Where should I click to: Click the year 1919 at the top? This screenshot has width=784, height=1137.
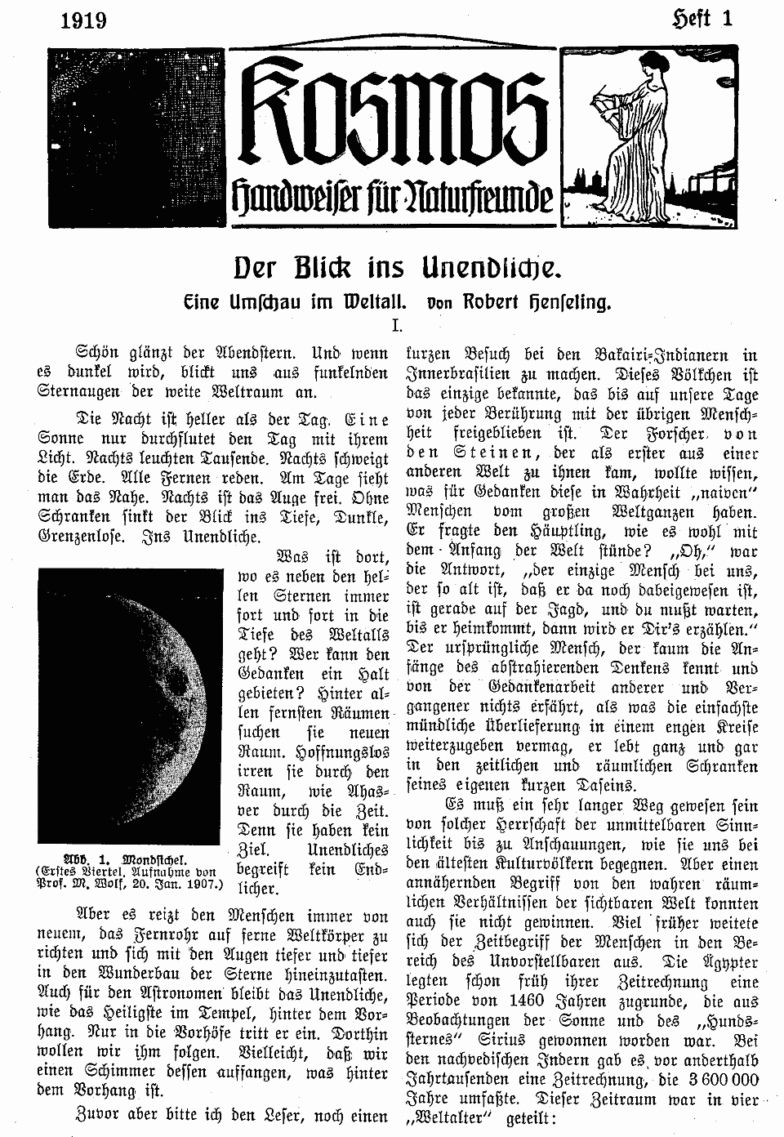pos(84,20)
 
